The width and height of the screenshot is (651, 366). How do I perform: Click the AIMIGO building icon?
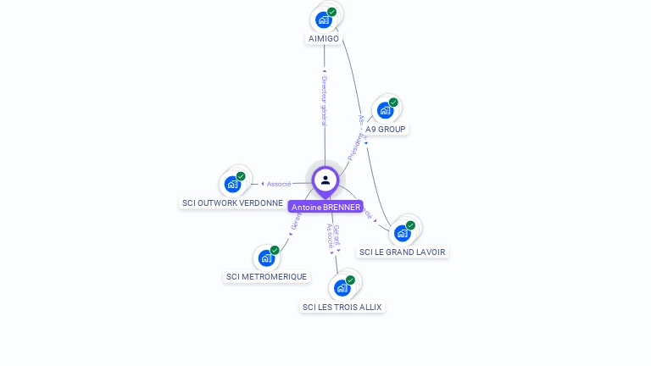coord(323,19)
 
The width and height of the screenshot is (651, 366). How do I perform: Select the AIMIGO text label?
coord(324,39)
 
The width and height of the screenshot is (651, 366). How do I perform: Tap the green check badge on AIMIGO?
coord(332,12)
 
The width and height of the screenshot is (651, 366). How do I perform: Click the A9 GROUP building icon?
coord(385,110)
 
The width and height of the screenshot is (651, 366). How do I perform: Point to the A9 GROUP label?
coord(386,130)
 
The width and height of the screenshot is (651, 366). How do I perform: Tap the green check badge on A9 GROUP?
coord(393,103)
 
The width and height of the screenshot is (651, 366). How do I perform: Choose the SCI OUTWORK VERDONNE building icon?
coord(232,184)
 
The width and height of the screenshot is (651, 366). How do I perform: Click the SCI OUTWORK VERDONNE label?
coord(232,203)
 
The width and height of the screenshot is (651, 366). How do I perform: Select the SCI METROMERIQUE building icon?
coord(266,258)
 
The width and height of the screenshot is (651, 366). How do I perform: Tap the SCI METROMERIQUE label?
coord(267,277)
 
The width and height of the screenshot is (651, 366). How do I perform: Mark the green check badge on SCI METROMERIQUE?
coord(275,250)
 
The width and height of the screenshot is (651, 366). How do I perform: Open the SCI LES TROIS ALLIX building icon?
coord(342,288)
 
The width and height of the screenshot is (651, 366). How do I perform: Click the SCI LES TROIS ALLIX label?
coord(343,307)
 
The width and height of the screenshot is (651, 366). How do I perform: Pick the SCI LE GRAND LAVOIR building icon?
coord(402,233)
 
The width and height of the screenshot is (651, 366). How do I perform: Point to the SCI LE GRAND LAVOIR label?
coord(402,252)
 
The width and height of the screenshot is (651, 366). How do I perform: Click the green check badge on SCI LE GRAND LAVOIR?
coord(410,225)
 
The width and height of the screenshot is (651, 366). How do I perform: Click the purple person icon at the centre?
coord(325,180)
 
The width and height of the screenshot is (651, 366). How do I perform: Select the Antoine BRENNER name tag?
coord(325,207)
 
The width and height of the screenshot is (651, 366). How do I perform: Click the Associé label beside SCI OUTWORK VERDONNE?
coord(279,184)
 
